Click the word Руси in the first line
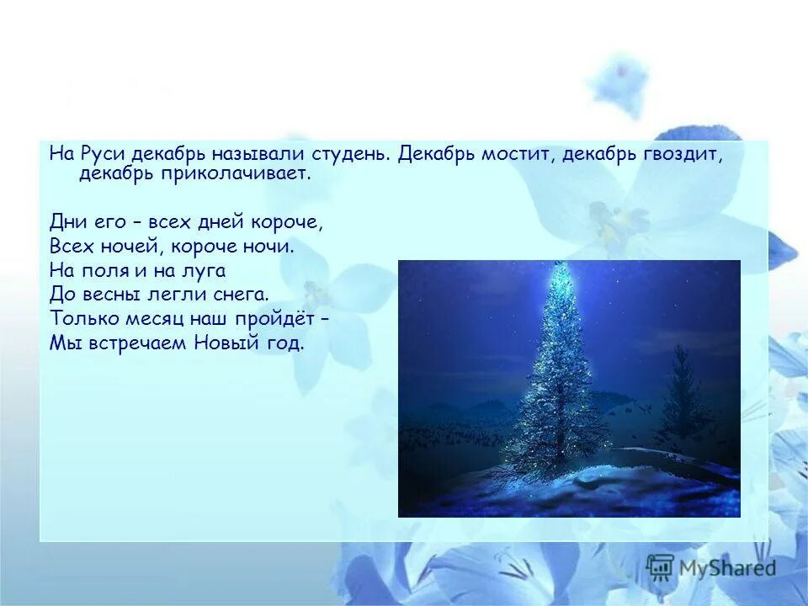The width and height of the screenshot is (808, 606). tap(102, 154)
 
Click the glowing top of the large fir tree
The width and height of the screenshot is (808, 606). tap(559, 274)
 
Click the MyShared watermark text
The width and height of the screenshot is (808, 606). tap(727, 568)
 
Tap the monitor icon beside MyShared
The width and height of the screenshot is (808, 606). tap(661, 566)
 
